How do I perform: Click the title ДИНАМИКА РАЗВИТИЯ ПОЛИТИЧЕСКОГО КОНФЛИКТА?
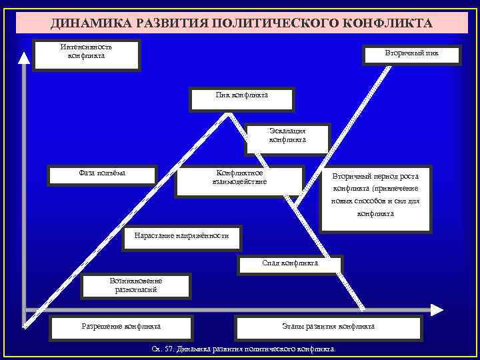pos(241,23)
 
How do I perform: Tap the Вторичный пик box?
pos(411,53)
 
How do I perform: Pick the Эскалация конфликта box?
pos(287,136)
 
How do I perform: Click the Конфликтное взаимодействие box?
pos(239,180)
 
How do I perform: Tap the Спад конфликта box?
pos(290,264)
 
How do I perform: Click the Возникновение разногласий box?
pos(136,287)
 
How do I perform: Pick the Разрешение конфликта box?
pos(121,327)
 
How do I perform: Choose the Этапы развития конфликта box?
pos(329,327)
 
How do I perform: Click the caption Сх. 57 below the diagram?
pos(244,349)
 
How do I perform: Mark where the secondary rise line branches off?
pos(297,205)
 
